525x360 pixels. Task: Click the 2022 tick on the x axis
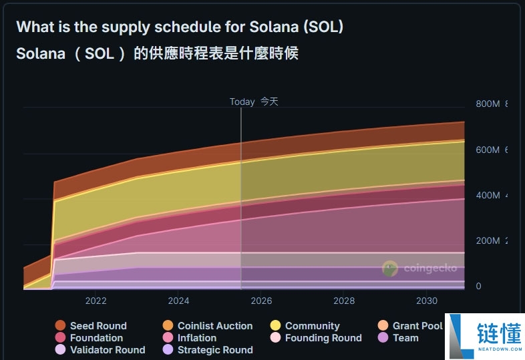pos(96,301)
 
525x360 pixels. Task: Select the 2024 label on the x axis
pos(178,301)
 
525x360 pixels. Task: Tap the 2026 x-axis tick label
pos(261,301)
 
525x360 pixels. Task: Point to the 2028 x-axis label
pos(344,301)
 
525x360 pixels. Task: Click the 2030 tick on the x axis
pos(427,301)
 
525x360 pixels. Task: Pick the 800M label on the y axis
pos(488,104)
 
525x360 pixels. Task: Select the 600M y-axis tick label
pos(488,150)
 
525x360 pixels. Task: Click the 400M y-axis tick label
pos(488,196)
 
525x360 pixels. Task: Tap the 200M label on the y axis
pos(488,241)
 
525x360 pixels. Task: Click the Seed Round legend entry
pos(91,326)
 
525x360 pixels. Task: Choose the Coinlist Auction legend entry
pos(207,326)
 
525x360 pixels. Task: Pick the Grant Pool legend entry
pos(410,326)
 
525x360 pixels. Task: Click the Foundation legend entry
pos(89,338)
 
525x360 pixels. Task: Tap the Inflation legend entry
pos(189,338)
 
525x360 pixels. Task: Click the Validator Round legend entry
pos(100,350)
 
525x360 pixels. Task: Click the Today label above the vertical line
pos(242,102)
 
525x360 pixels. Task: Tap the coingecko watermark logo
pos(419,268)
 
